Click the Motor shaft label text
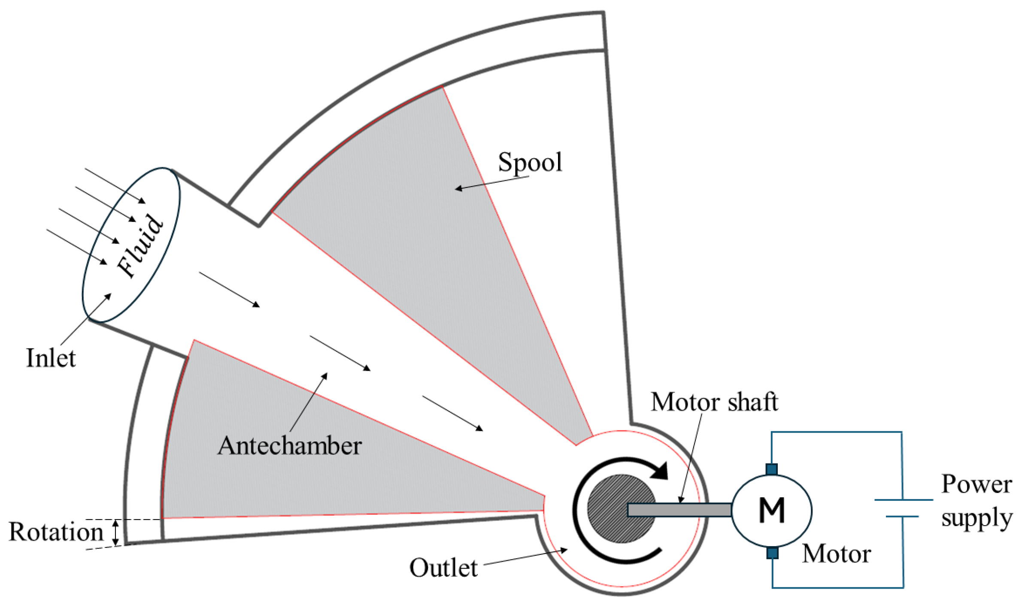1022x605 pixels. pyautogui.click(x=714, y=402)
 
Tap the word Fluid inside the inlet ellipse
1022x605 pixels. pyautogui.click(x=140, y=246)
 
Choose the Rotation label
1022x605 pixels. pyautogui.click(x=56, y=532)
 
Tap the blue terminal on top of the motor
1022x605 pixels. pyautogui.click(x=771, y=469)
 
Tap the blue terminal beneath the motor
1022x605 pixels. pyautogui.click(x=772, y=553)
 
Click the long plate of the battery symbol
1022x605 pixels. pyautogui.click(x=904, y=500)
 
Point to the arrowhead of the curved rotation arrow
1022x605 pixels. pyautogui.click(x=659, y=471)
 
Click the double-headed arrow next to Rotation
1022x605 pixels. pyautogui.click(x=115, y=532)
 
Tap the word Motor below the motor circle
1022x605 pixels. pyautogui.click(x=836, y=554)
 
